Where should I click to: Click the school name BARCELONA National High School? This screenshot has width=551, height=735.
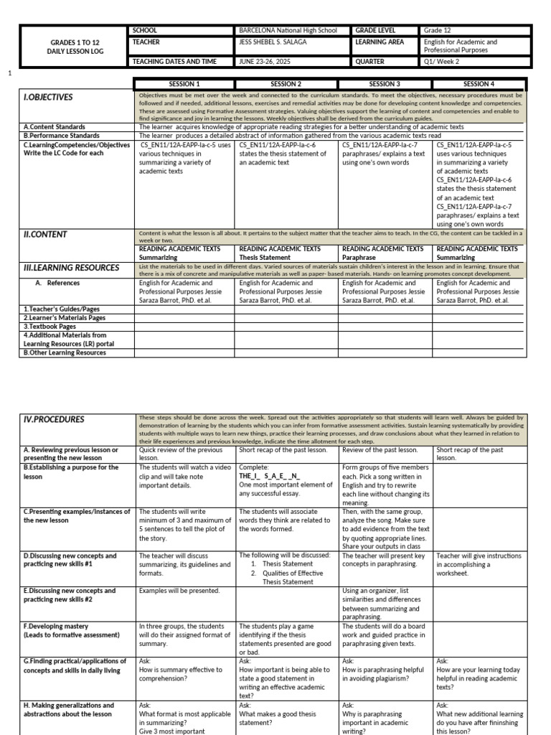coord(287,31)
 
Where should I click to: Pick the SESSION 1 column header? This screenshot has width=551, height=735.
coord(184,84)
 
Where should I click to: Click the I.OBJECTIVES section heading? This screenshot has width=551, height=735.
coord(48,97)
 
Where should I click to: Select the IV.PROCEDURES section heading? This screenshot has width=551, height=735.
coord(54,419)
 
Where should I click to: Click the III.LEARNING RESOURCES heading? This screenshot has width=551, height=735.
coord(71,268)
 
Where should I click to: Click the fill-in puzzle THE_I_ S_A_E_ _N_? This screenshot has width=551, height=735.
coord(269,475)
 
